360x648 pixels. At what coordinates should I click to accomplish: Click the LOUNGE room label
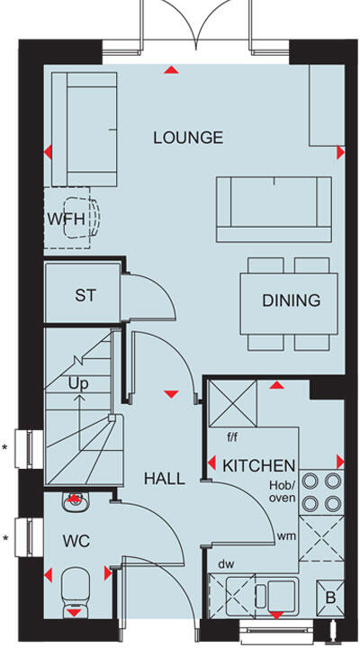point(187,138)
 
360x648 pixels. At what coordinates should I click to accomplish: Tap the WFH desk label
point(64,219)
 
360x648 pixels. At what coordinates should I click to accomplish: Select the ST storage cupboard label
point(85,295)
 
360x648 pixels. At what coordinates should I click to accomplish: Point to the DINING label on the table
point(291,301)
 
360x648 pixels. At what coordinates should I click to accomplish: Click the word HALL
point(165,479)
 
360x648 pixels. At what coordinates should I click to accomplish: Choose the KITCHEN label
point(259,465)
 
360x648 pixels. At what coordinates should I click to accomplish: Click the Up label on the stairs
point(78,382)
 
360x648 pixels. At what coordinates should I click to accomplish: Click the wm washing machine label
point(287,536)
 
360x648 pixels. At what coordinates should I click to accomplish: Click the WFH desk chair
point(84,219)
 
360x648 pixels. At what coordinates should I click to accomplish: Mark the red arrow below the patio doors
point(169,70)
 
